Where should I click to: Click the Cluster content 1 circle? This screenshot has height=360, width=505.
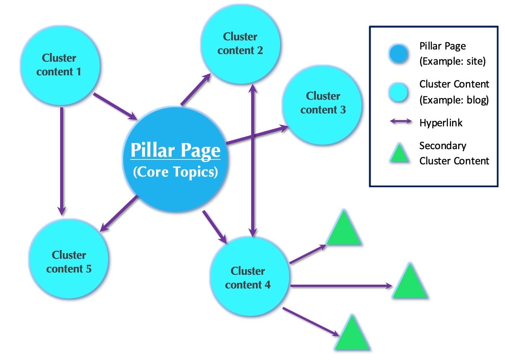(x=59, y=65)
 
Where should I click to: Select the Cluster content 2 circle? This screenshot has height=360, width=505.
(x=240, y=44)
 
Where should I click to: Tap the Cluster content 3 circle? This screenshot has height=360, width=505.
(x=322, y=103)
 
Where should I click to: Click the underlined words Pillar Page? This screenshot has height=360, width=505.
(x=175, y=150)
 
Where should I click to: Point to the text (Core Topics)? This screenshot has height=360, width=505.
(x=175, y=172)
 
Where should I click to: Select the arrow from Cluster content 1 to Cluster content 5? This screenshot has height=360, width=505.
(x=62, y=160)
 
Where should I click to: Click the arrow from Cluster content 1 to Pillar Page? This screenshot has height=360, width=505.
(x=114, y=106)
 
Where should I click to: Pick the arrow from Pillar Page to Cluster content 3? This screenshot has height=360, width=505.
(x=257, y=135)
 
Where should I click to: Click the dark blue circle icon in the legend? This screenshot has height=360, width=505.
(x=398, y=54)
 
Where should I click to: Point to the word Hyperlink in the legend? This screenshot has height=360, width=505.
(x=441, y=123)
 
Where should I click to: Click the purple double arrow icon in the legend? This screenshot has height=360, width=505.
(x=400, y=122)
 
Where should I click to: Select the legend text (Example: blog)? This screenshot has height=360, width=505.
(x=454, y=100)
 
